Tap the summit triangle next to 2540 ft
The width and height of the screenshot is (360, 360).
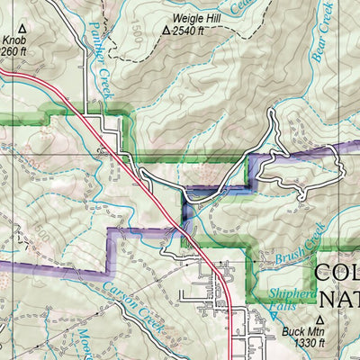tap(166, 30)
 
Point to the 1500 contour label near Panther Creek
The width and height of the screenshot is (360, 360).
tap(136, 31)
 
